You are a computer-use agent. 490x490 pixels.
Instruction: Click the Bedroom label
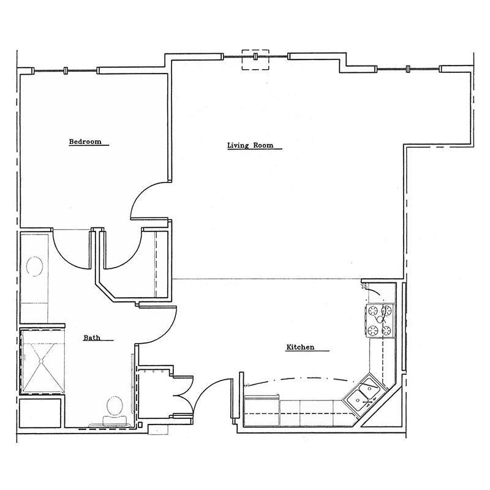[85, 141]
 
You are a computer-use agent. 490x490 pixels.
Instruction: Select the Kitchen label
[300, 347]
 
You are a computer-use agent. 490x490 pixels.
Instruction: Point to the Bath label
[92, 337]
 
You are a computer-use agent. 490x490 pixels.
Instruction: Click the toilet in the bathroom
[114, 409]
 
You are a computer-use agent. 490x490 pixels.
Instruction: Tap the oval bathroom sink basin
[34, 268]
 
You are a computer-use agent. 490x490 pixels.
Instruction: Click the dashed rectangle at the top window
[255, 59]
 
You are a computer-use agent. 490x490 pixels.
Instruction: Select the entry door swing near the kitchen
[212, 391]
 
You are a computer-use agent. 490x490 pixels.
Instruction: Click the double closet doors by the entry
[183, 396]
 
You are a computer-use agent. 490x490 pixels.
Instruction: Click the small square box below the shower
[40, 413]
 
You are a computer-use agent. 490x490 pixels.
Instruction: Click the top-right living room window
[409, 69]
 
